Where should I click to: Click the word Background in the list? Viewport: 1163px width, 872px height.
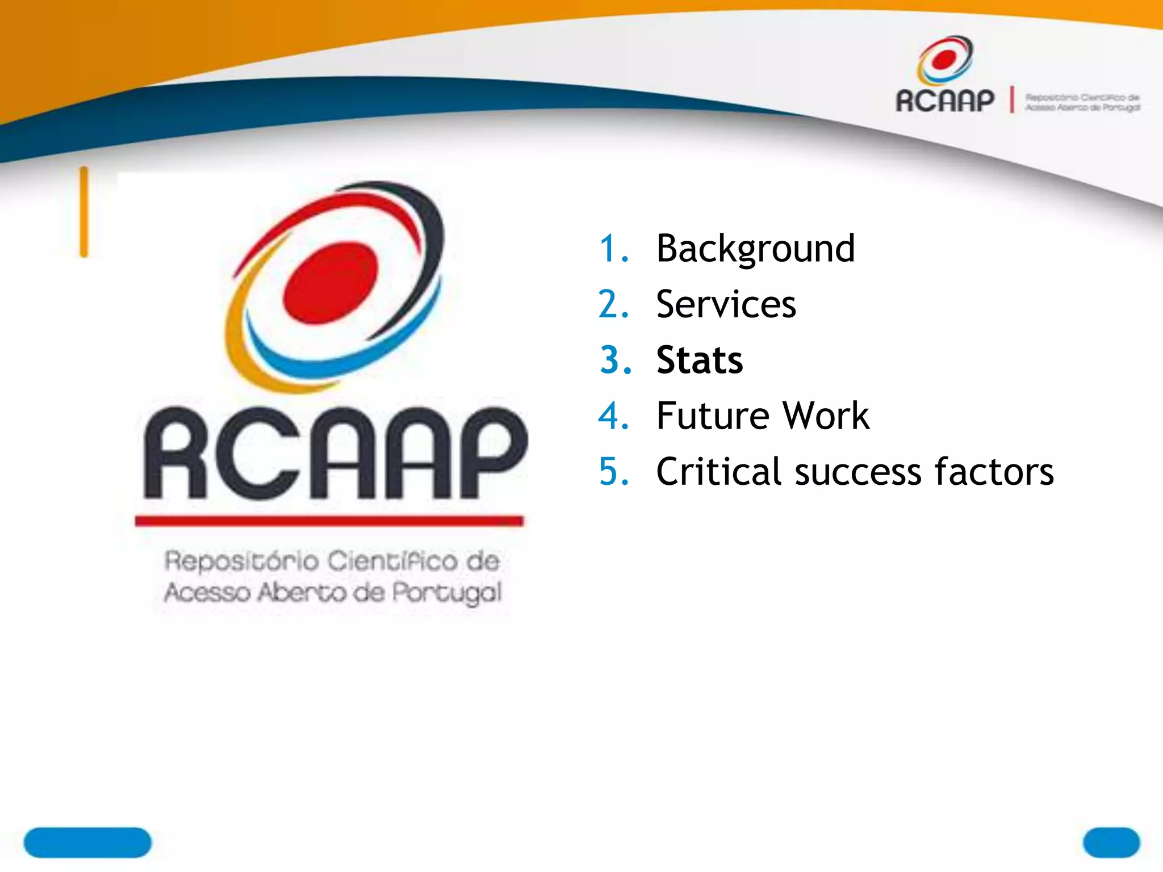755,249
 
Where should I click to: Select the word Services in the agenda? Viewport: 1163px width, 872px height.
726,304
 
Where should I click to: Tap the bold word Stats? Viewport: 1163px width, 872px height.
699,360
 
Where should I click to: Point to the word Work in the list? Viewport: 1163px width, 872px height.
826,416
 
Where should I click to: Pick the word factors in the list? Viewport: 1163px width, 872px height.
994,471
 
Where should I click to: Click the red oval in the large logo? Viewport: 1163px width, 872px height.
330,282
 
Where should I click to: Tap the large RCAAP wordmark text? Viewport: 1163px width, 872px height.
335,454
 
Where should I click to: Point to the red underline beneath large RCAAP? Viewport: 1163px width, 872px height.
329,521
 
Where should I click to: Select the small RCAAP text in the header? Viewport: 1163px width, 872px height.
945,101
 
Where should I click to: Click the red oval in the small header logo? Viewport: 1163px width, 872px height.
944,59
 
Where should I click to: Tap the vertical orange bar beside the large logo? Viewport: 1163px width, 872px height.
84,212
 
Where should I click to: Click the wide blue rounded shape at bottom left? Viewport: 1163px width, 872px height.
87,842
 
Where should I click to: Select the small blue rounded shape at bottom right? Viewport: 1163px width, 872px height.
1111,842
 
